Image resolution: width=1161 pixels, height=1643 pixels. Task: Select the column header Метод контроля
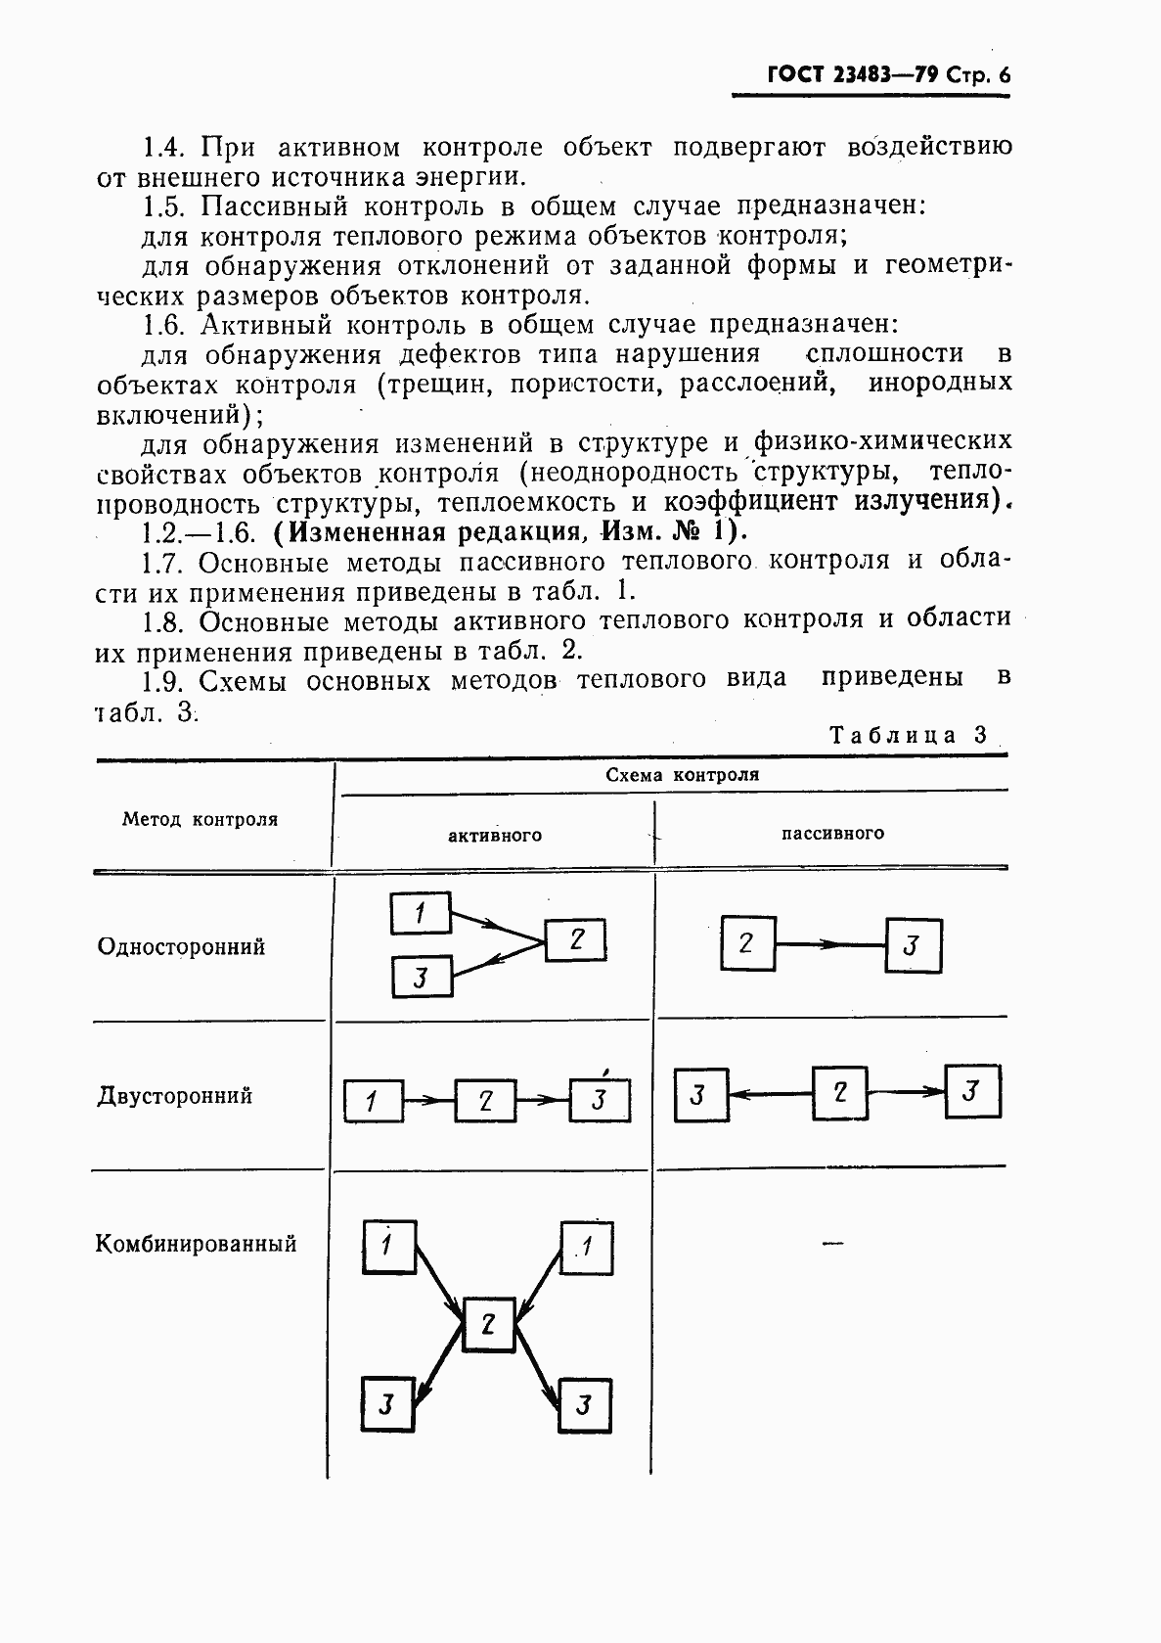(200, 819)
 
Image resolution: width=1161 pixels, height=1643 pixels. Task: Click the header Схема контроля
(682, 775)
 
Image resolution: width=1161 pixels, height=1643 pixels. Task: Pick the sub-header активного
(495, 835)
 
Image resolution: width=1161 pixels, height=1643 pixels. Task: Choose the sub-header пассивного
(832, 833)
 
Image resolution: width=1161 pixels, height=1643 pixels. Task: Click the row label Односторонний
(181, 946)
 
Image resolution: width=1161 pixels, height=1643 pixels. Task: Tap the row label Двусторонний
(174, 1095)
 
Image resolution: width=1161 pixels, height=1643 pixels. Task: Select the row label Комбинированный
(196, 1244)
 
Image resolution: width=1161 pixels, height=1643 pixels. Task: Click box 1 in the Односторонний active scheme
(421, 913)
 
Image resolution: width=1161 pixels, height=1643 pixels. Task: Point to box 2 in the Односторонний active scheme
(575, 940)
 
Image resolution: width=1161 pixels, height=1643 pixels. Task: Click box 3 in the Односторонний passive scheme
(913, 945)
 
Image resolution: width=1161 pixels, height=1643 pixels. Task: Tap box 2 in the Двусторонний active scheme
(484, 1101)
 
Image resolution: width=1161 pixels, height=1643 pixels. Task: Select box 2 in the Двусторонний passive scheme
(840, 1092)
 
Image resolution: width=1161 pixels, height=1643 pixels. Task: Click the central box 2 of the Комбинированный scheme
(488, 1325)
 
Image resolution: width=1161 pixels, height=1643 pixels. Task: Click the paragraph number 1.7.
(162, 562)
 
